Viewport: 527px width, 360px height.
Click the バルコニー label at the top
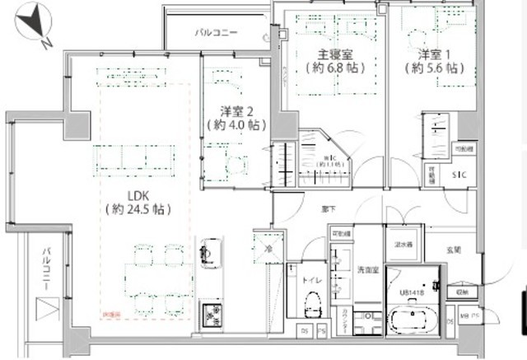point(216,34)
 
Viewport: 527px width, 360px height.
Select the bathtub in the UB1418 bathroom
point(412,319)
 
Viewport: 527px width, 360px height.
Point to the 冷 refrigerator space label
point(268,248)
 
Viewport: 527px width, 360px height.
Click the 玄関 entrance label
point(453,249)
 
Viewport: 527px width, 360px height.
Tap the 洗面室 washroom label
point(366,270)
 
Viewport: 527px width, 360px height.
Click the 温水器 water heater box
point(403,244)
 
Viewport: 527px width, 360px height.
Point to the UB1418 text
point(412,292)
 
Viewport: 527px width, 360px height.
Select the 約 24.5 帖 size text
point(138,210)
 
